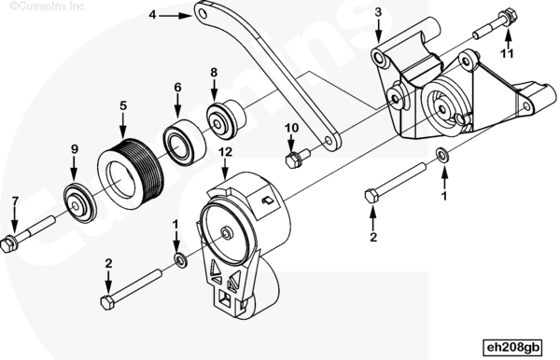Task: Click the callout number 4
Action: [x=152, y=15]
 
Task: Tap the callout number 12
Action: [x=225, y=152]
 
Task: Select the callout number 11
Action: [x=507, y=53]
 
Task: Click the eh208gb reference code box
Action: [x=512, y=347]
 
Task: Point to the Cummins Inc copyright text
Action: [x=47, y=7]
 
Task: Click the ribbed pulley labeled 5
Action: [x=131, y=174]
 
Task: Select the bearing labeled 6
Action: [x=184, y=142]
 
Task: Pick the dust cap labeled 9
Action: [x=80, y=203]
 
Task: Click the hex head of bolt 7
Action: [x=7, y=244]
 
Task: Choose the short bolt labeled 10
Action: [x=298, y=159]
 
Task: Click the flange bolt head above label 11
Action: [x=509, y=16]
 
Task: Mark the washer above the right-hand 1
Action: [x=442, y=156]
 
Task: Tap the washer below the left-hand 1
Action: [x=180, y=260]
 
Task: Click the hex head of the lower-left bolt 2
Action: [x=107, y=302]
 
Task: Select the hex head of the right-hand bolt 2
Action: [x=371, y=196]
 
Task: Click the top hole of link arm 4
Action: [x=203, y=14]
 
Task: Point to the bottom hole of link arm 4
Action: [x=329, y=141]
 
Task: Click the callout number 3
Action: [x=378, y=12]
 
